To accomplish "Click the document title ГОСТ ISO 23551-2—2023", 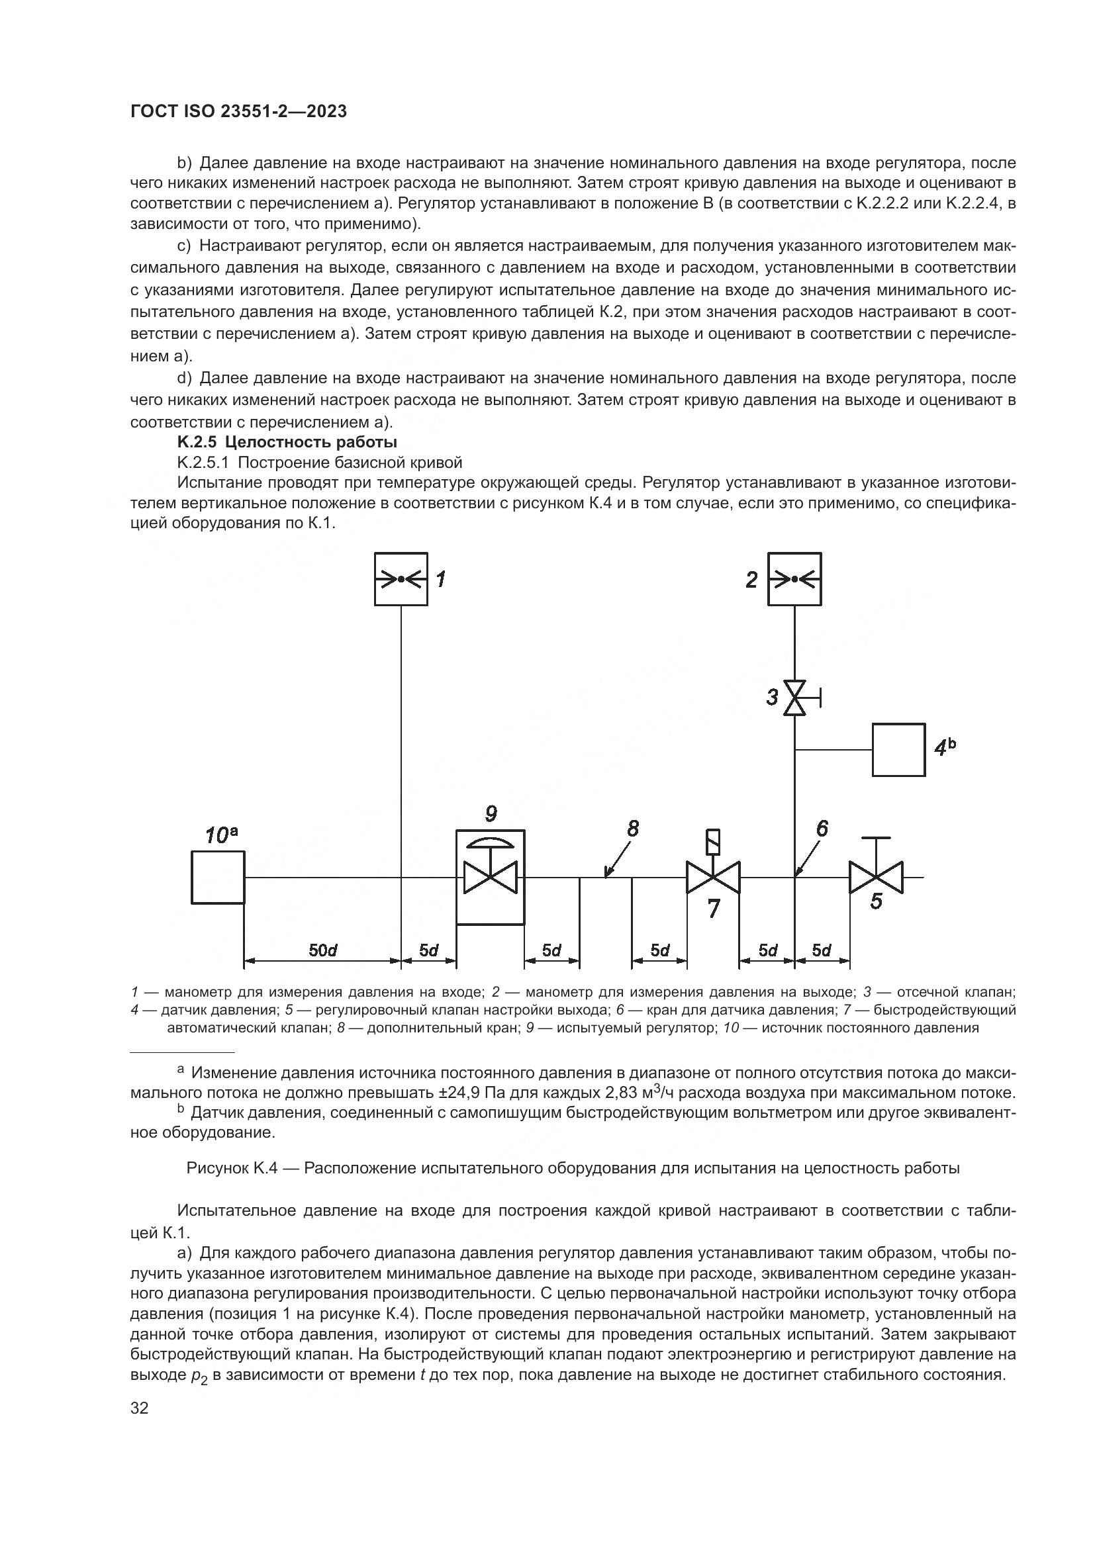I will (239, 111).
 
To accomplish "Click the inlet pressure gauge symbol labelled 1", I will (401, 579).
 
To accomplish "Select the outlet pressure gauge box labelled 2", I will (795, 579).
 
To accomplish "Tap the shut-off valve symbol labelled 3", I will (795, 698).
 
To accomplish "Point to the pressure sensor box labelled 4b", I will (898, 750).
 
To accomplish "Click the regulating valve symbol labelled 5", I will (876, 877).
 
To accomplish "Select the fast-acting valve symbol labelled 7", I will (713, 877).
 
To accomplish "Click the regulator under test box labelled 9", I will (490, 877).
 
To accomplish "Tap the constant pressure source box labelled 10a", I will (218, 877).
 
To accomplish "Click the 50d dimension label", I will (322, 950).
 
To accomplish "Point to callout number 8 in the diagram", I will (632, 829).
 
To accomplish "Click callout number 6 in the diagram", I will (822, 829).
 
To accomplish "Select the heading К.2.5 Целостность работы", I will (287, 442).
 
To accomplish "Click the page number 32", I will (140, 1408).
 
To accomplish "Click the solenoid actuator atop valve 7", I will (713, 840).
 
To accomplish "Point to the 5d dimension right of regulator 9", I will (551, 950).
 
